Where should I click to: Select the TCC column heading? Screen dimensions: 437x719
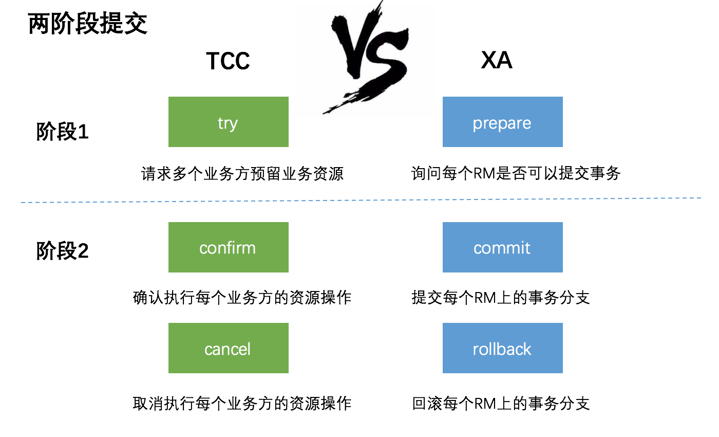point(228,61)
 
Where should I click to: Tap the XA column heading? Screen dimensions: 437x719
point(497,61)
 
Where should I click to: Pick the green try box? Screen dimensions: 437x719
point(228,122)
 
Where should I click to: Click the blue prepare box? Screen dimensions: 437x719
point(502,122)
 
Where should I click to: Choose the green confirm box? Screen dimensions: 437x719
point(228,247)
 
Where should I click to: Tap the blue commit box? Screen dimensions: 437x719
point(502,247)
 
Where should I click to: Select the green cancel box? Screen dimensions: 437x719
point(228,348)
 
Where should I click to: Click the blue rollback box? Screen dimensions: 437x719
point(502,348)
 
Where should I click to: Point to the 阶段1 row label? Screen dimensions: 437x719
point(62,133)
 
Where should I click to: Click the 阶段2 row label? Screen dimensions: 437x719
point(62,251)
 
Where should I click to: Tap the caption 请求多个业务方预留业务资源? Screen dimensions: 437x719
point(242,174)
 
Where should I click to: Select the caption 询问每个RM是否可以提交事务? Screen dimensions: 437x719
point(516,173)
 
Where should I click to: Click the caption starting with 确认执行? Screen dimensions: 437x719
point(242,298)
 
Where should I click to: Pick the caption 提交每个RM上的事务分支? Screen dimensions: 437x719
point(501,298)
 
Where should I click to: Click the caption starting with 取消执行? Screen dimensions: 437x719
point(242,404)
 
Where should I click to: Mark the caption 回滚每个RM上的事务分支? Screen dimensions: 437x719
point(501,404)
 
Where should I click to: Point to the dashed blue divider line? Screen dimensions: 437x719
point(359,200)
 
